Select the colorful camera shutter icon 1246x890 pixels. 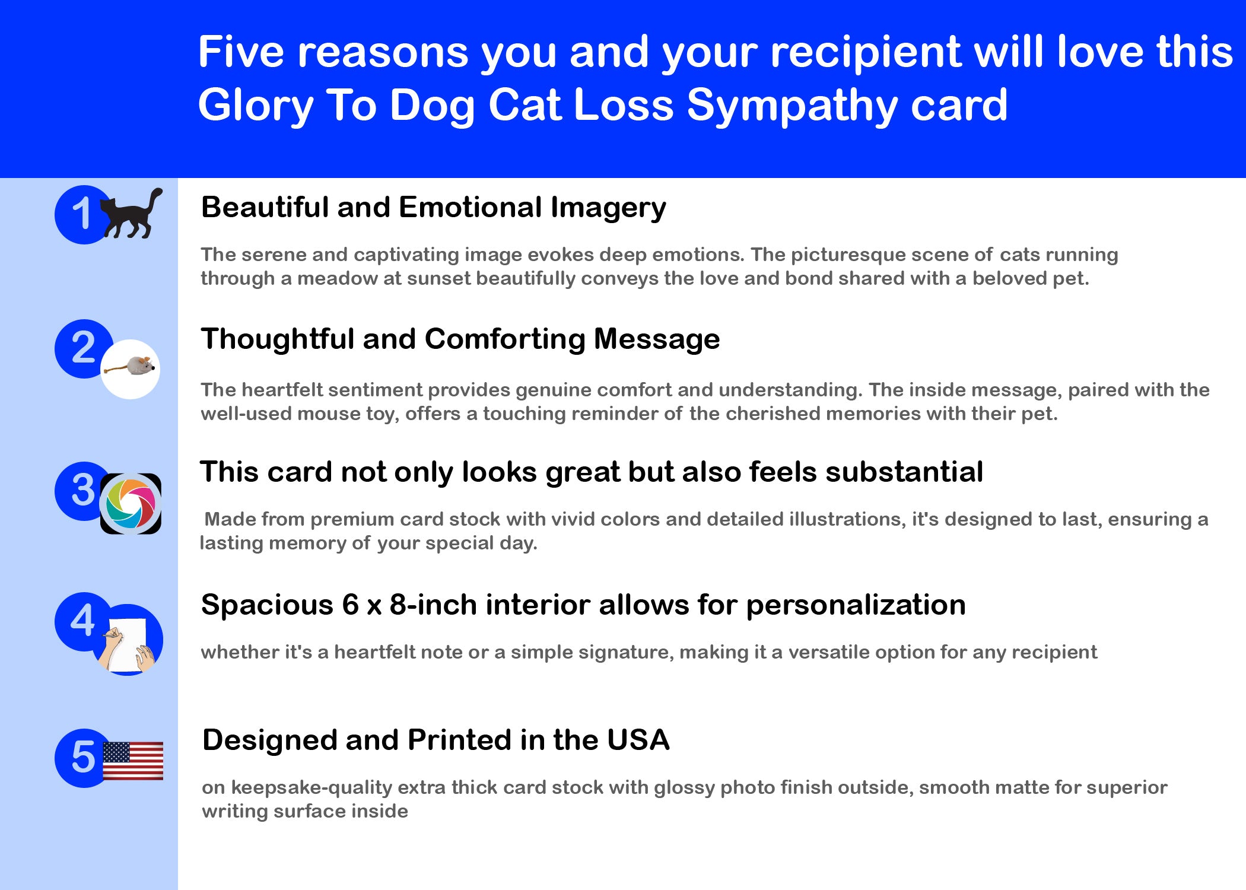coord(131,504)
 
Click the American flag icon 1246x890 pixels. coord(133,761)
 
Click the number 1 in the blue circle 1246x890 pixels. coord(81,214)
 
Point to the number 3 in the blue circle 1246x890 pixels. coord(83,490)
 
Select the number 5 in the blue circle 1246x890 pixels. coord(83,757)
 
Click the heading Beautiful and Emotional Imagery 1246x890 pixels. coord(434,208)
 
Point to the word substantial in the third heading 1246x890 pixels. coord(904,472)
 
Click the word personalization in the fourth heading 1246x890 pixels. coord(856,606)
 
